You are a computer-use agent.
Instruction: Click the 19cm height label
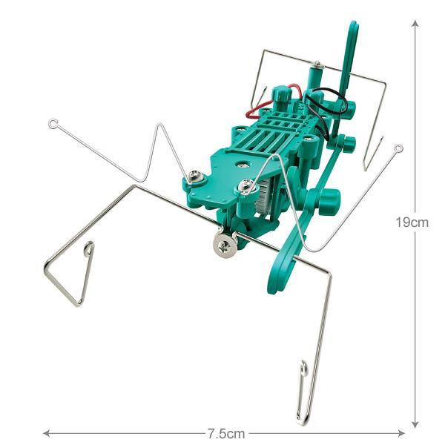(412, 222)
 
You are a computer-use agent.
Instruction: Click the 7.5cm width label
(226, 434)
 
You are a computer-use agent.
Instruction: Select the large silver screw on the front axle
(225, 244)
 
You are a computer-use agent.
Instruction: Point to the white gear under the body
(263, 199)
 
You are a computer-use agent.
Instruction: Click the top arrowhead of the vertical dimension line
(415, 24)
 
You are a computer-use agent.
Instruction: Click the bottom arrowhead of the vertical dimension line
(415, 423)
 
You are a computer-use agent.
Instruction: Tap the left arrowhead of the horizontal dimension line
(47, 433)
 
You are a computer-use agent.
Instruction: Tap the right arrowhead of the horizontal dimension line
(401, 433)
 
